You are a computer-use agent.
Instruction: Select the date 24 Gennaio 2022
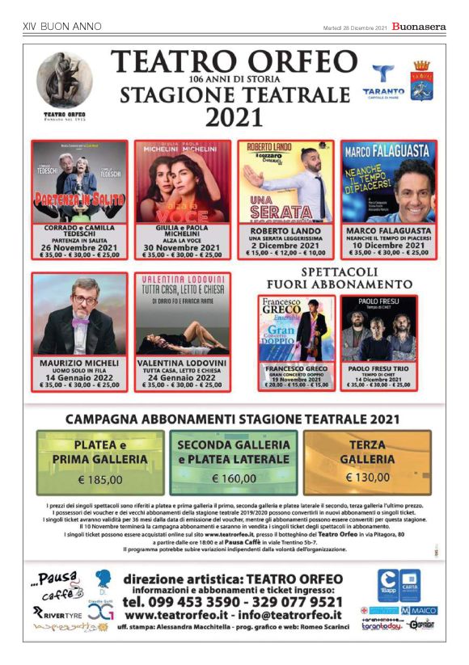click(x=183, y=377)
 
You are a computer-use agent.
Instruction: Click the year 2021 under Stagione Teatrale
click(x=234, y=118)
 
